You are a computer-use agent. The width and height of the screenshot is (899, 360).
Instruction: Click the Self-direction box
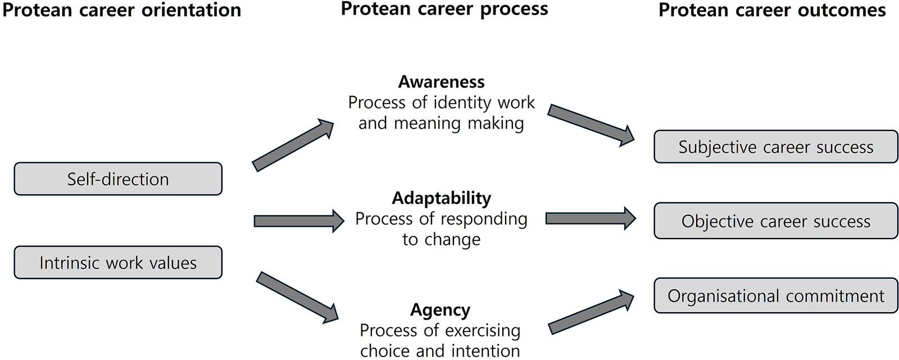(118, 179)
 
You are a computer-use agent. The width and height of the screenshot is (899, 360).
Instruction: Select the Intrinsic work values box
(118, 262)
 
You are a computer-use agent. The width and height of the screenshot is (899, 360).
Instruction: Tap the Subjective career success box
(775, 147)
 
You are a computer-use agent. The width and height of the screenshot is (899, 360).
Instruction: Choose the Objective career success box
(775, 221)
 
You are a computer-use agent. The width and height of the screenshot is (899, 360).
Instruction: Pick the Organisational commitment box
(775, 295)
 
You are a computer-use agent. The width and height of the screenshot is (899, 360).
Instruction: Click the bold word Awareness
(441, 82)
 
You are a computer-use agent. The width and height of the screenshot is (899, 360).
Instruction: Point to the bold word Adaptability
(441, 198)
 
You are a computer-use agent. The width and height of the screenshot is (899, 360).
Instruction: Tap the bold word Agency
(441, 310)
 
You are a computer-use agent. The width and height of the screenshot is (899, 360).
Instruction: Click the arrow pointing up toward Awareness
(293, 145)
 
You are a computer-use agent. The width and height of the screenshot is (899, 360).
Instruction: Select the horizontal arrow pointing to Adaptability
(299, 221)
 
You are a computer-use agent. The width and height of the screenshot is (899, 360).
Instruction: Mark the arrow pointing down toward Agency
(297, 298)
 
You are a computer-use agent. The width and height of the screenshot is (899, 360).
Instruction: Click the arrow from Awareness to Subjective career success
(591, 125)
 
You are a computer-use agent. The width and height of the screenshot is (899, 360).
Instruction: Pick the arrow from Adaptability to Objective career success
(591, 218)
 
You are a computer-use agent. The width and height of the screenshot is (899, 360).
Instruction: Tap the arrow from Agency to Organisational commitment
(591, 312)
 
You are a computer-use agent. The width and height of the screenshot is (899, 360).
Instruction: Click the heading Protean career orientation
(121, 11)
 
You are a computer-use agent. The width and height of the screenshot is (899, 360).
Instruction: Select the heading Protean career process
(444, 10)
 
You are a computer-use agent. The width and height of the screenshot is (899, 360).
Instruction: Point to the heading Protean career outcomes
(772, 11)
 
